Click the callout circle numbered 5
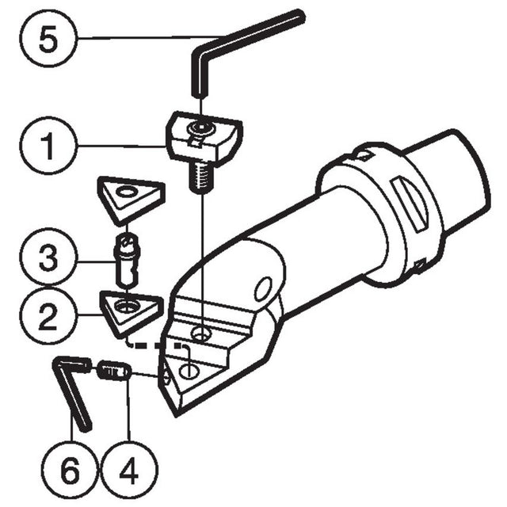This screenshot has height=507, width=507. (48, 39)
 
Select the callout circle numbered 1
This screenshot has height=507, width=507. (48, 146)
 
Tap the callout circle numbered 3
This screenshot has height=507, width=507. (48, 257)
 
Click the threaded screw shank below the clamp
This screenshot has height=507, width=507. (200, 177)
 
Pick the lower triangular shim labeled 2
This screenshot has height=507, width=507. (131, 314)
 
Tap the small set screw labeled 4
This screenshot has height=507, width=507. (114, 371)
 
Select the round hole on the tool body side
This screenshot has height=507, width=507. (263, 288)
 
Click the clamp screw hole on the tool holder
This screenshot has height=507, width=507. (201, 333)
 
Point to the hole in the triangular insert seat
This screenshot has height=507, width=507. (189, 371)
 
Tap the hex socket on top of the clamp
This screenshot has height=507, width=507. (200, 128)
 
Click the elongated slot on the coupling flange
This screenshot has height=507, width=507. (410, 205)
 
